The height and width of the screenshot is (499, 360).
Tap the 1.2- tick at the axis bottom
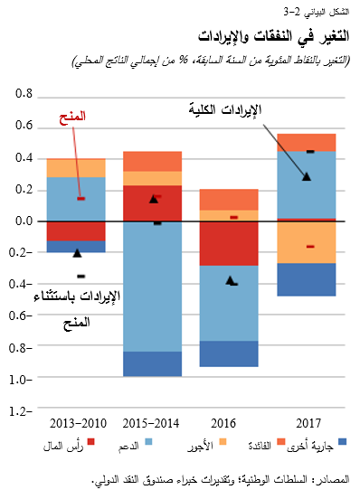coord(22,410)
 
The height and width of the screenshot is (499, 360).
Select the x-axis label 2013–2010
coord(78,422)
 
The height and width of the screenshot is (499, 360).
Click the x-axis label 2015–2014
coord(153,422)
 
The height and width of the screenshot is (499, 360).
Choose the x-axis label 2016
coord(228,422)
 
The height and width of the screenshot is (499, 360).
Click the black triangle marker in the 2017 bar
coord(306,176)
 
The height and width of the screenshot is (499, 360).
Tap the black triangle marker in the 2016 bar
coord(230,280)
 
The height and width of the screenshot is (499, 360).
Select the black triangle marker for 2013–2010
coord(77,252)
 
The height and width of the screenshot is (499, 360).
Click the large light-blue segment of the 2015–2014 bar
coord(153,286)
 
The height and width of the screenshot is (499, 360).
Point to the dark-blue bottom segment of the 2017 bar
coord(306,279)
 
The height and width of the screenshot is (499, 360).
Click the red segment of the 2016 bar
coord(229,242)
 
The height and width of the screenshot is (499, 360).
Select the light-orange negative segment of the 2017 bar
coord(306,242)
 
